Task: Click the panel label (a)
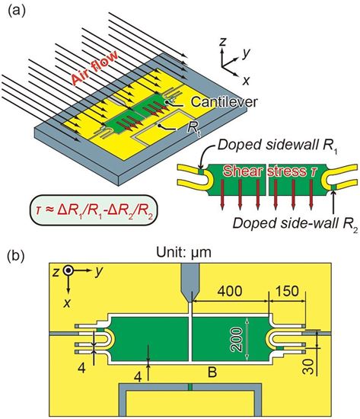17,11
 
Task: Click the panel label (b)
17,255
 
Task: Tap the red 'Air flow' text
95,68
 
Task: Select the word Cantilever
225,102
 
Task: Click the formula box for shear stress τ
94,210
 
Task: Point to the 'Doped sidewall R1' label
278,146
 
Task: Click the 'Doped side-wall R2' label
295,224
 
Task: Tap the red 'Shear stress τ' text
269,171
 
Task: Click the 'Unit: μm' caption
183,252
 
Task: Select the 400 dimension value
230,291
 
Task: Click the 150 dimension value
287,291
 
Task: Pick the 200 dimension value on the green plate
237,340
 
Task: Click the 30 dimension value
309,366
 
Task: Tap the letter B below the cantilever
212,372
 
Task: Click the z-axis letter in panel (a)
223,42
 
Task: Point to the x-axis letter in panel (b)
67,302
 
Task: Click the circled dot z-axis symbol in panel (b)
68,270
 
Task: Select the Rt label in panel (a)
193,129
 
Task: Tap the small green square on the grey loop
190,387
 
